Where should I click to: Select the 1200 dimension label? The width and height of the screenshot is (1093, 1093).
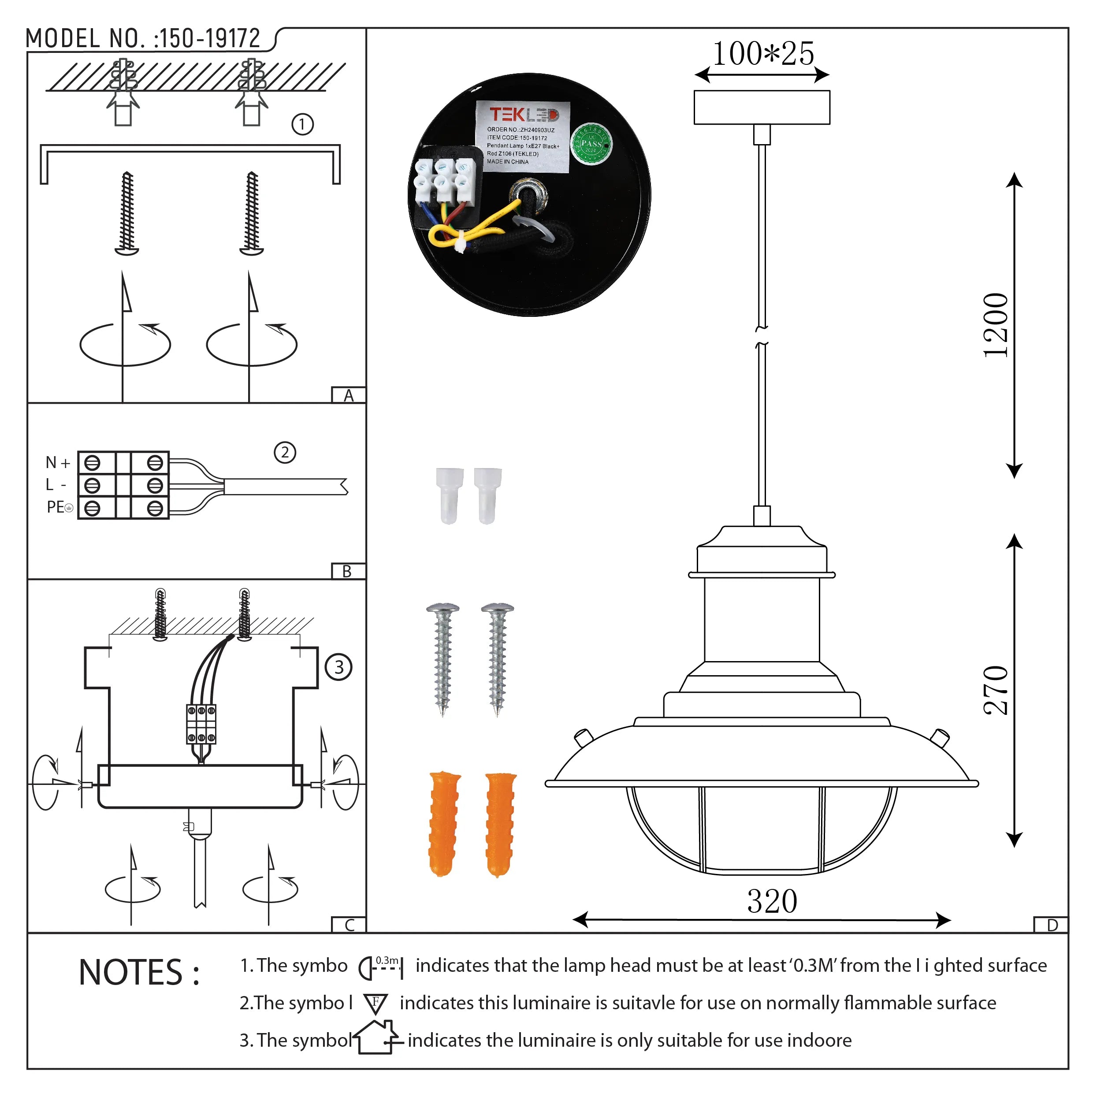coord(996,325)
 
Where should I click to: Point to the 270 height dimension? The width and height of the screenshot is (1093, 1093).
coord(996,691)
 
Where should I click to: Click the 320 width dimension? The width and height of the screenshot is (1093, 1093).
coord(772,901)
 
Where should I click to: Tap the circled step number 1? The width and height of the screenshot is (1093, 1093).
coord(302,124)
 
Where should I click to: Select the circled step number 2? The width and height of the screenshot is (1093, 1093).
coord(285,453)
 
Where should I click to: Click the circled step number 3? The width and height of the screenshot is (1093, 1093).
coord(338,667)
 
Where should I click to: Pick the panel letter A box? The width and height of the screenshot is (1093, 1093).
coord(349,395)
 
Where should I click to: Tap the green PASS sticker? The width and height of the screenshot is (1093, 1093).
coord(591,144)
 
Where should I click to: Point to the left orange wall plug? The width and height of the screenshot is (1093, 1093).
coord(444,823)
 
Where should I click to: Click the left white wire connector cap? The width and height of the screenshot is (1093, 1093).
coord(449,495)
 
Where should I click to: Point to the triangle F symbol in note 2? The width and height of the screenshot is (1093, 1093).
coord(375,1004)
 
